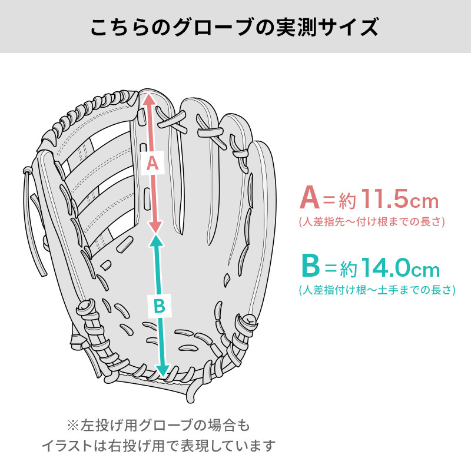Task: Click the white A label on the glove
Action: [x=153, y=163]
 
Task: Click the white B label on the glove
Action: [x=160, y=306]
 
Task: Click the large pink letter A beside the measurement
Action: [x=310, y=197]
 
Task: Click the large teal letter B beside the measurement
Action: [x=311, y=266]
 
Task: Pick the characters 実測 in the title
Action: [x=296, y=27]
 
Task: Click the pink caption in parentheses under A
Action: [x=372, y=222]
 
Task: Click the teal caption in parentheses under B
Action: [x=377, y=290]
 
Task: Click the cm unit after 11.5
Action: [x=424, y=201]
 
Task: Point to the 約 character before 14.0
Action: [x=349, y=268]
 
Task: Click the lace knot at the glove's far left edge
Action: [x=27, y=171]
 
